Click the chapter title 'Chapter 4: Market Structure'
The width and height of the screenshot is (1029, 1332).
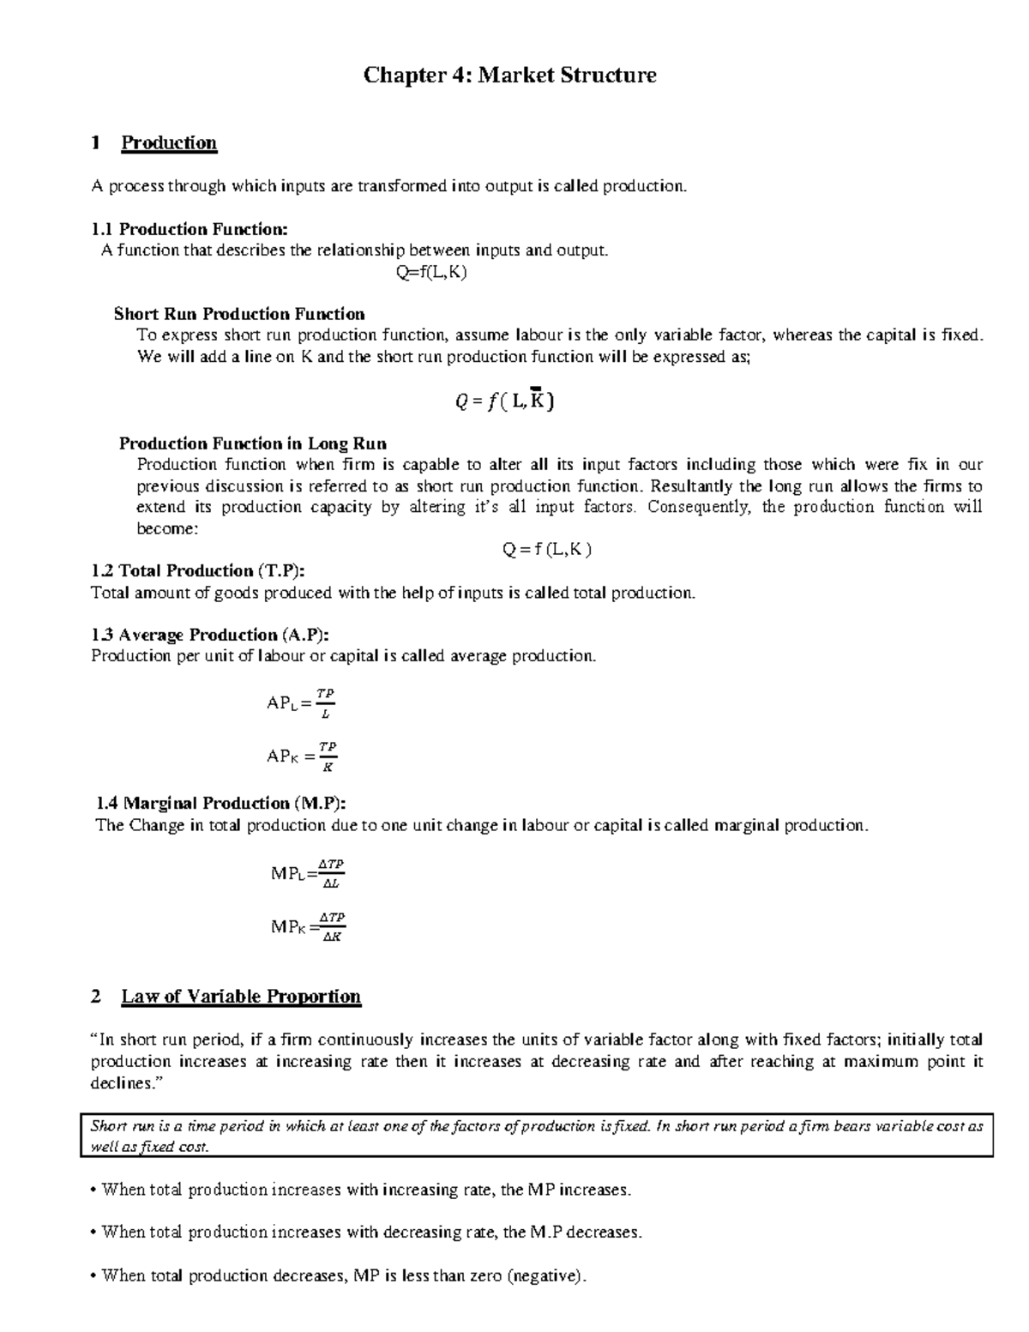click(510, 75)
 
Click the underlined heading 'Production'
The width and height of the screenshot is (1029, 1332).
click(169, 143)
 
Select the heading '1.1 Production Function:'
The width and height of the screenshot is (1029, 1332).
click(190, 229)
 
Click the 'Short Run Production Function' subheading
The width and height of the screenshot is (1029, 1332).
click(239, 314)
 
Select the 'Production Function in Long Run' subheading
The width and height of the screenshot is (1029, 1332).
click(252, 443)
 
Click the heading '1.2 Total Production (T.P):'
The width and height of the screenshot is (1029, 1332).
click(197, 571)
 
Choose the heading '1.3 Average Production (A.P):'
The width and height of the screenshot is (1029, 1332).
click(209, 635)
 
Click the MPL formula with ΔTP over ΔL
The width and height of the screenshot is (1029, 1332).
click(307, 873)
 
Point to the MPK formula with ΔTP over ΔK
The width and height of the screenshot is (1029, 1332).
click(308, 927)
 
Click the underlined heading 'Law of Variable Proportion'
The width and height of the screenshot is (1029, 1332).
click(241, 997)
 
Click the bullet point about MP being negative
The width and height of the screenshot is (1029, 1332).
click(340, 1275)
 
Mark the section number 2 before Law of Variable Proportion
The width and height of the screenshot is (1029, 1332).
click(95, 997)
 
